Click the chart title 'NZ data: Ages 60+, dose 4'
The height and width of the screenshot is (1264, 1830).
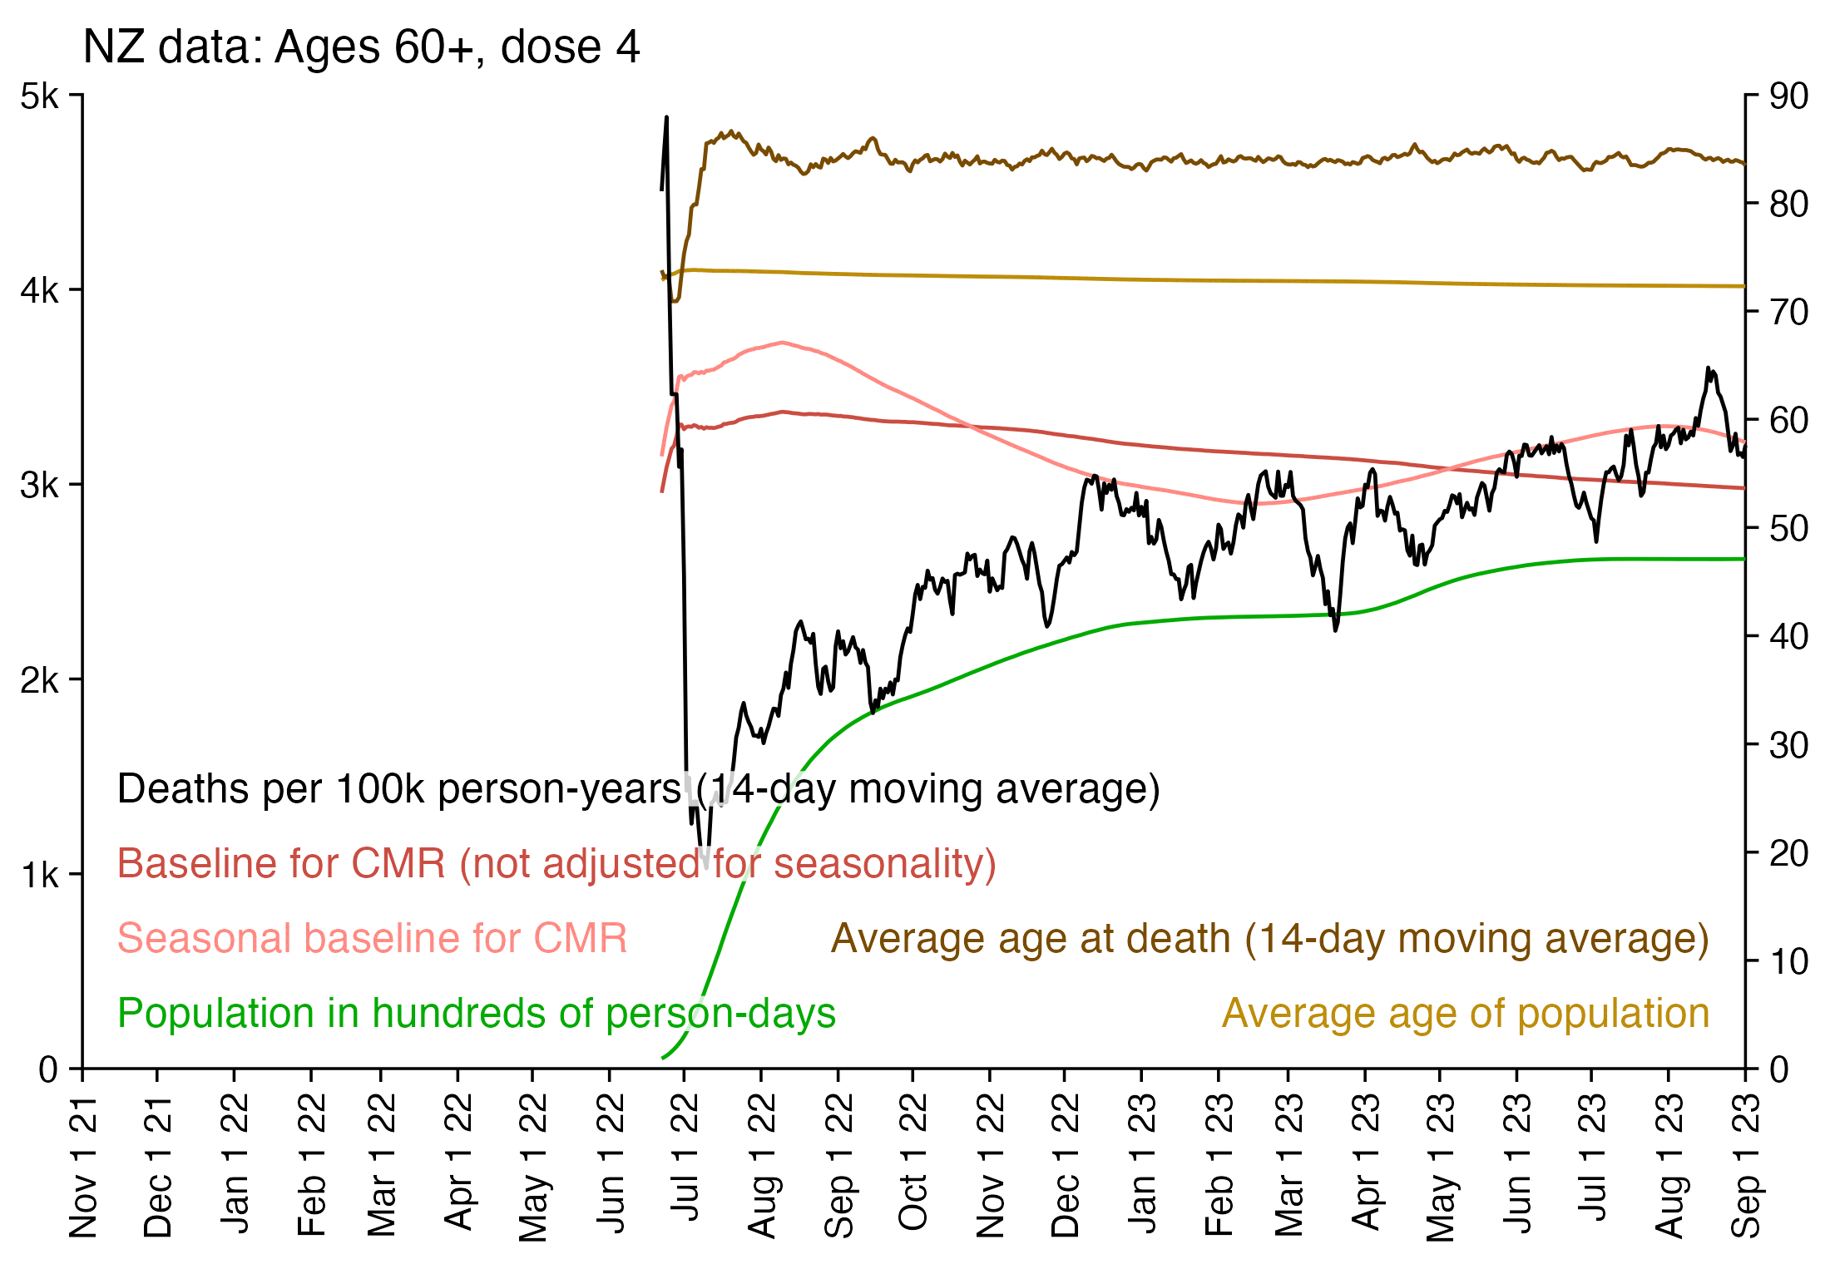click(361, 47)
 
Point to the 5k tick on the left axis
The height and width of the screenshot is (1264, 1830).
click(40, 96)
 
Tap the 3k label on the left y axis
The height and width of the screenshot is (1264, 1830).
click(40, 485)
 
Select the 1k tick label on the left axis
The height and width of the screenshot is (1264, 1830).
click(40, 875)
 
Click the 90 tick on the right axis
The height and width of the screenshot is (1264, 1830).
click(1788, 96)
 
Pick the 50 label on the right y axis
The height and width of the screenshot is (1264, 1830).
click(1788, 528)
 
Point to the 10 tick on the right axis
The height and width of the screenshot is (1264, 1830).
click(1788, 961)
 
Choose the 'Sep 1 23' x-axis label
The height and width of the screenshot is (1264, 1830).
click(1745, 1165)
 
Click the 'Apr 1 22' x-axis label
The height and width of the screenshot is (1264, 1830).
click(457, 1162)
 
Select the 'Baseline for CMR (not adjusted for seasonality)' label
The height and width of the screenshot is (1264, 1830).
click(556, 864)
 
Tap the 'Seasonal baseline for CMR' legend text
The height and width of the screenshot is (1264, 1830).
click(372, 939)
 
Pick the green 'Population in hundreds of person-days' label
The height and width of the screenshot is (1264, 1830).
click(476, 1014)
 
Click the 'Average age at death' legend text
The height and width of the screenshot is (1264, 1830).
click(1269, 939)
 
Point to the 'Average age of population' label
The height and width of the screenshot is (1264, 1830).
click(1465, 1014)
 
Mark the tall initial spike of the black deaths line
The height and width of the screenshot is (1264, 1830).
click(666, 119)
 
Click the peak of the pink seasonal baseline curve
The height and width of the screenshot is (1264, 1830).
click(782, 343)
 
